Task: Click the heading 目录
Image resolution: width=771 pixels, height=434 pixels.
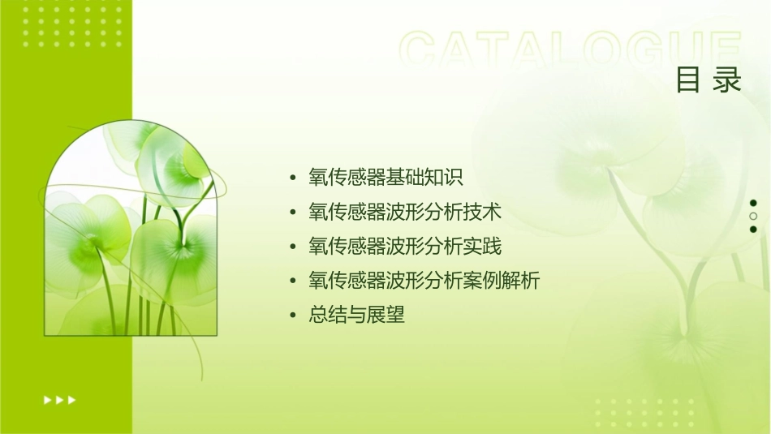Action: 709,79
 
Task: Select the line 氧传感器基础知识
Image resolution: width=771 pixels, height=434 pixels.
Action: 385,177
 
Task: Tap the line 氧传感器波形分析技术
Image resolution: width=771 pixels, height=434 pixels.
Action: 405,212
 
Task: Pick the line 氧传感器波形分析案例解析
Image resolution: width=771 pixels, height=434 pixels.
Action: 424,281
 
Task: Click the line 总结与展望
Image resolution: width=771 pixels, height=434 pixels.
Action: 356,315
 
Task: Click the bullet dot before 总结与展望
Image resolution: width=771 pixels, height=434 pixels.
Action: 294,316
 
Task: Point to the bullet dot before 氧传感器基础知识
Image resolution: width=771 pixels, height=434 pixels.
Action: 294,178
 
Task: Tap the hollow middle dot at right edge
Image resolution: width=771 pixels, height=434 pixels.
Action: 753,216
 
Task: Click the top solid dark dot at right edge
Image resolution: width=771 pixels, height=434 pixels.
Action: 753,203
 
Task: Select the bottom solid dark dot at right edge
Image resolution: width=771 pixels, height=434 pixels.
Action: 753,229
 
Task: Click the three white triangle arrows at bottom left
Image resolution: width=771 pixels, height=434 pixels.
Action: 60,399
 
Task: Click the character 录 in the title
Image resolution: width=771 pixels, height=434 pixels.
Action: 728,79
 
